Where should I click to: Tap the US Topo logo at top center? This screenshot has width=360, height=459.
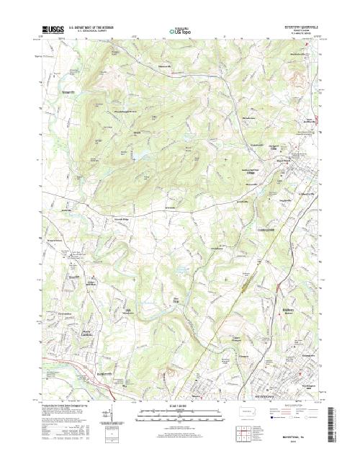(x=180, y=31)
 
